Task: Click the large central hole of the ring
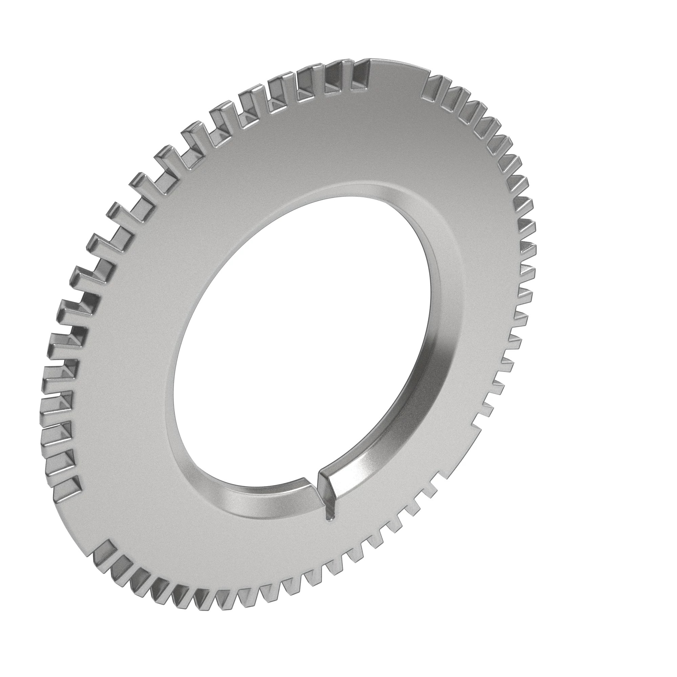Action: coord(301,336)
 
